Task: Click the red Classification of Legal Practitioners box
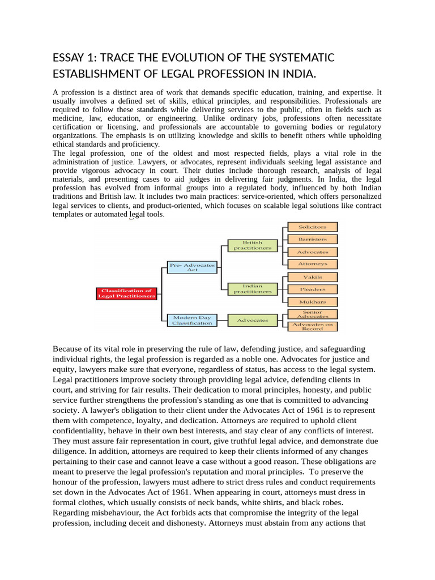[126, 293]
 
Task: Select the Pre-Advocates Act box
[193, 267]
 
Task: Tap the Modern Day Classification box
[193, 320]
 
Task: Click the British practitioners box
[253, 245]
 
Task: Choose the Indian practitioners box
[253, 289]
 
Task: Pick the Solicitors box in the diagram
[313, 227]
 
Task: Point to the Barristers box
[313, 239]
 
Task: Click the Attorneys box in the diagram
[313, 264]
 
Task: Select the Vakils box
[313, 277]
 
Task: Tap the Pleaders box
[313, 289]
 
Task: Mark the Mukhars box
[313, 302]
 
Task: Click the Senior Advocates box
[313, 314]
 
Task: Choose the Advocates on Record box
[313, 326]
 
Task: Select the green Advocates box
[253, 320]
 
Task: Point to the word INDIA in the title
[298, 75]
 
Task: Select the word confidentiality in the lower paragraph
[80, 430]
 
